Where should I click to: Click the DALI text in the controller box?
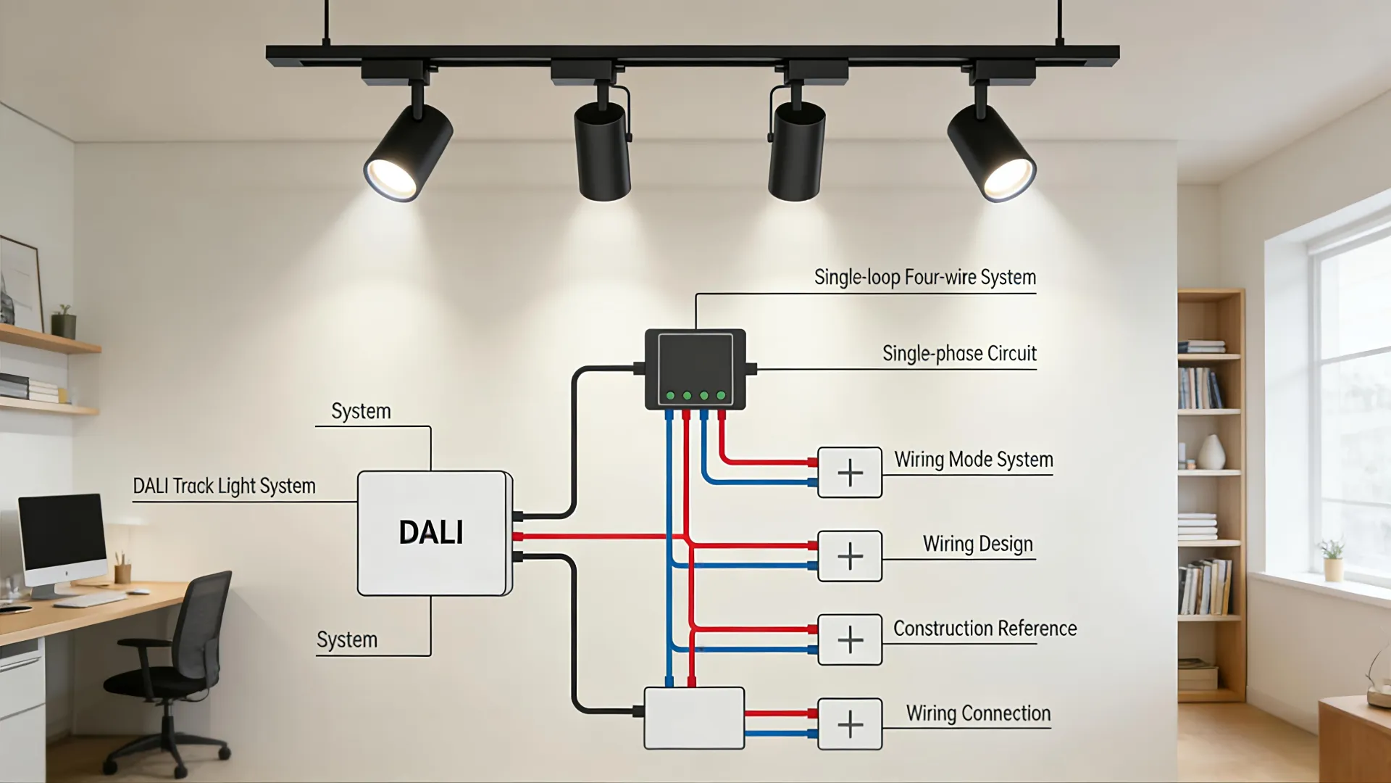click(431, 533)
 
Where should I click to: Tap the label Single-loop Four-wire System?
click(924, 278)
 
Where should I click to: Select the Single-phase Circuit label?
click(959, 354)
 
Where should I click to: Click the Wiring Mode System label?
click(973, 460)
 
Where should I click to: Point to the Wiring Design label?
click(977, 544)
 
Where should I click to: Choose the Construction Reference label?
click(985, 629)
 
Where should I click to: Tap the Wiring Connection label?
click(978, 713)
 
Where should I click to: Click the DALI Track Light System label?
click(224, 486)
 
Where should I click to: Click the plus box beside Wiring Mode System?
click(850, 473)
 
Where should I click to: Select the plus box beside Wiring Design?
click(850, 557)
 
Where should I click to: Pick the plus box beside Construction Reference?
click(850, 640)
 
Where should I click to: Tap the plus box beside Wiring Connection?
click(850, 724)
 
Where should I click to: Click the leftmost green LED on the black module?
click(670, 396)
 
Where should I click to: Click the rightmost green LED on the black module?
click(721, 396)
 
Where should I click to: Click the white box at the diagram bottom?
click(694, 718)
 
